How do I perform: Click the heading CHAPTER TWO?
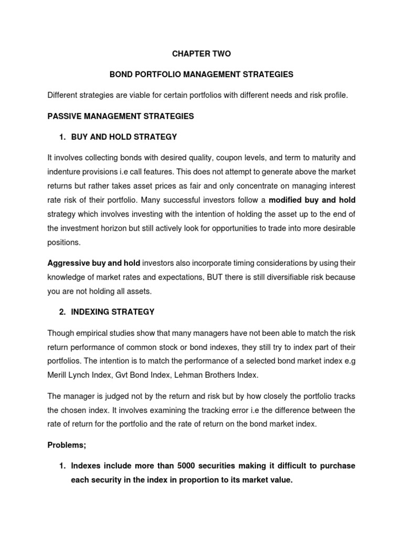201,54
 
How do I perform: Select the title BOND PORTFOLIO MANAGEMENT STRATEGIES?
201,75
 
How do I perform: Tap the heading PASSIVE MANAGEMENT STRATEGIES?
121,116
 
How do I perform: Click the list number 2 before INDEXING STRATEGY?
62,312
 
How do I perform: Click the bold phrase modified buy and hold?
312,200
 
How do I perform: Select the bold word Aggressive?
68,262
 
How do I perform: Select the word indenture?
65,172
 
